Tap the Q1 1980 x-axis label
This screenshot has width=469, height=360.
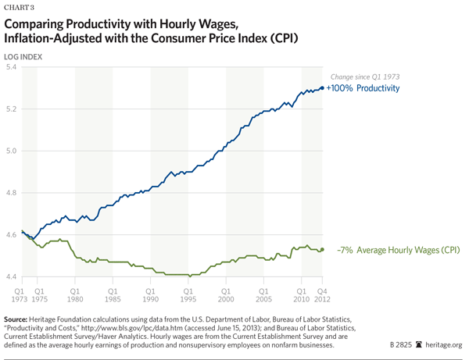point(76,293)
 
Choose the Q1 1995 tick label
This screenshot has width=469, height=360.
point(188,293)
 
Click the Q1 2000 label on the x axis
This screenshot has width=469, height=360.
point(226,293)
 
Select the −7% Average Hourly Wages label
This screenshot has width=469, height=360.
point(398,250)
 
